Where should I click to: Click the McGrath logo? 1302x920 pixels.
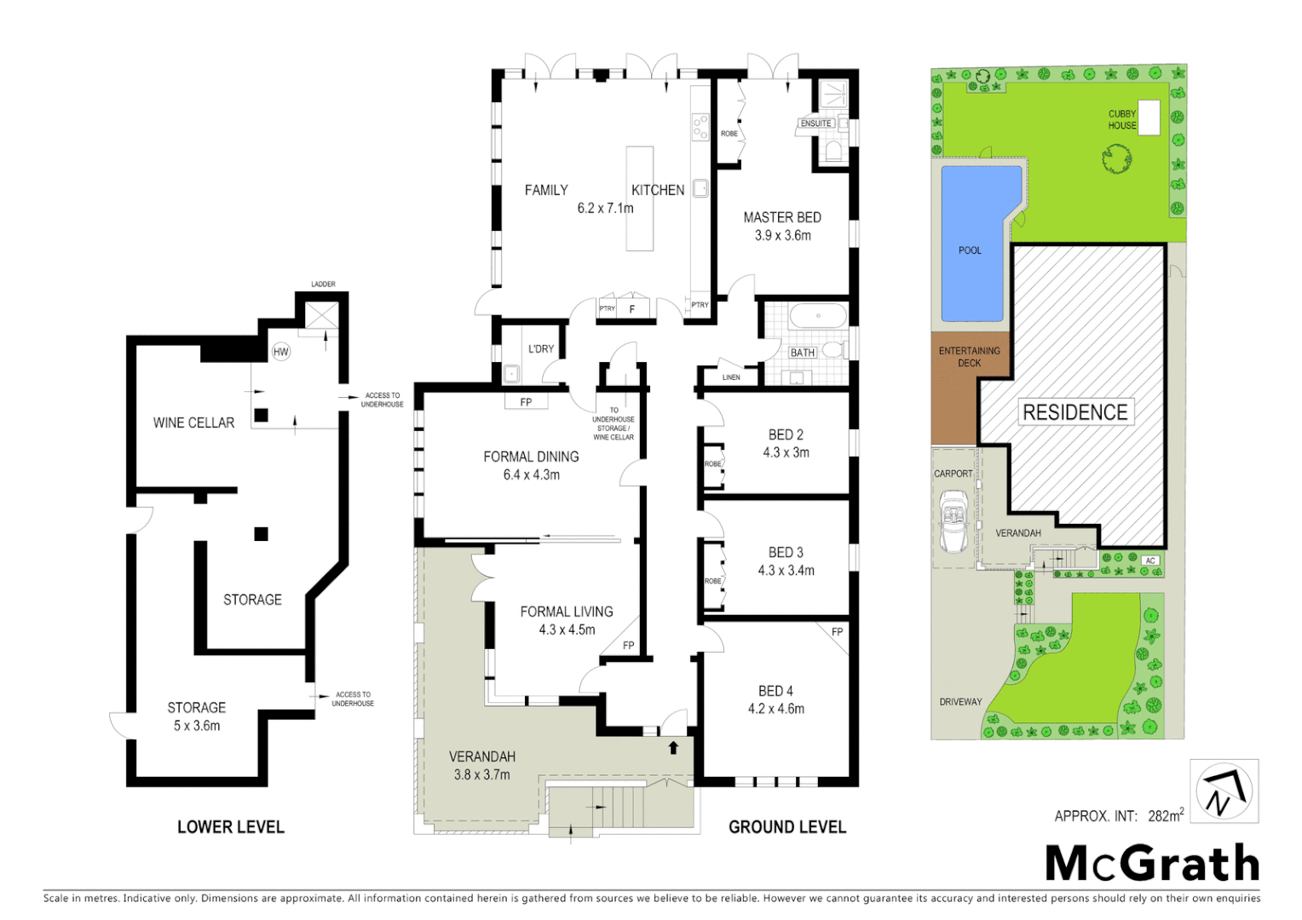point(1152,864)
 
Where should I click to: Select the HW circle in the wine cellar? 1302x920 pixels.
point(281,352)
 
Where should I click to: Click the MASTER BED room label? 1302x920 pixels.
point(781,218)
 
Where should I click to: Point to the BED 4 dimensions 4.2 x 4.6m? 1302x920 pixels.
point(775,709)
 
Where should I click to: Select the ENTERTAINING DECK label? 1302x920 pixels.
point(969,357)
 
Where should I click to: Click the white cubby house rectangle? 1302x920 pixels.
point(1149,118)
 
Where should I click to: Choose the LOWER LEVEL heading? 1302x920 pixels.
point(230,827)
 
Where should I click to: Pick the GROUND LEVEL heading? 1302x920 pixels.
point(786,827)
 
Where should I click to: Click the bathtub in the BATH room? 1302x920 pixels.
point(817,317)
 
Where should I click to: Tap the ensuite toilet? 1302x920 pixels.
point(832,152)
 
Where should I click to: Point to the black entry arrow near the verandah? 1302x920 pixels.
point(673,748)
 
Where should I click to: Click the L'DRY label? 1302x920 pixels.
point(540,349)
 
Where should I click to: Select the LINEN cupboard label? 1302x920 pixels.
point(730,377)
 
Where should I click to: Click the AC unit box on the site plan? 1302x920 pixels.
point(1150,561)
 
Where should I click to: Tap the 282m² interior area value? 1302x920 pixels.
point(1165,816)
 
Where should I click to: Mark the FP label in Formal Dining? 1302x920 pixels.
point(526,402)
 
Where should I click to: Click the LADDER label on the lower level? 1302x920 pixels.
point(323,285)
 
